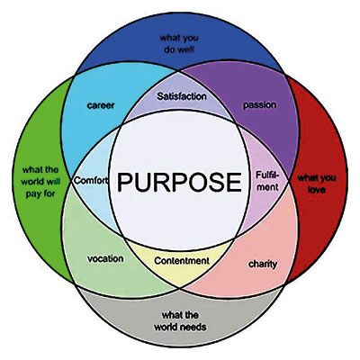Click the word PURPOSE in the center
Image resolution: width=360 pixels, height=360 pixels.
(x=179, y=182)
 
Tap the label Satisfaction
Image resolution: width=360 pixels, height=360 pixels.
(x=182, y=96)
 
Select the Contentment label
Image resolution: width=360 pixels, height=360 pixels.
(x=182, y=261)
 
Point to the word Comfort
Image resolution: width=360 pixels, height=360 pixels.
(x=91, y=180)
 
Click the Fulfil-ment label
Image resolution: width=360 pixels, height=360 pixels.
(x=267, y=181)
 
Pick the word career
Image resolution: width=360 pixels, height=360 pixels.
(x=101, y=105)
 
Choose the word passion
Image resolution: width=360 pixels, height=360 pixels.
(x=259, y=105)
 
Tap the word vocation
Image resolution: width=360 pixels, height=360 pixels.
(x=105, y=258)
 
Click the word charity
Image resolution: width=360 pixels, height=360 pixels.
(x=263, y=265)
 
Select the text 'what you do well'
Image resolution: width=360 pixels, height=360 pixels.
(x=179, y=43)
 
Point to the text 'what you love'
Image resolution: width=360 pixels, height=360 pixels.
(x=317, y=184)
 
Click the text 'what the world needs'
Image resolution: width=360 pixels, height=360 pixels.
(x=180, y=321)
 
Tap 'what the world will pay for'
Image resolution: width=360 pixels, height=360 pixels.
(x=40, y=182)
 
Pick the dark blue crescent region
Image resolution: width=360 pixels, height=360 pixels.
(x=179, y=42)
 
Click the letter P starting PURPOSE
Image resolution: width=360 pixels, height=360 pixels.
(x=124, y=182)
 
